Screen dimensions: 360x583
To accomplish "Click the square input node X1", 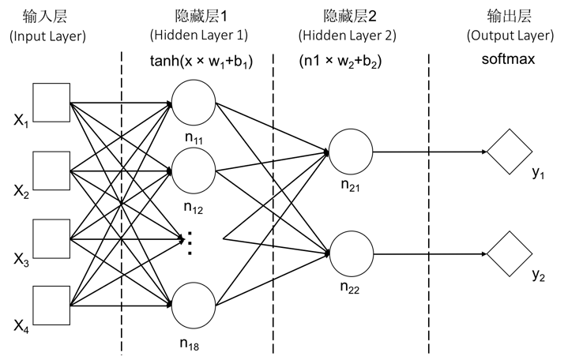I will tap(51, 103).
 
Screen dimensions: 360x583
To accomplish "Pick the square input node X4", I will tap(51, 306).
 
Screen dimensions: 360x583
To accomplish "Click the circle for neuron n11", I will tap(193, 103).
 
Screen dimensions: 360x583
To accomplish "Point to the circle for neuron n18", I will tap(193, 305).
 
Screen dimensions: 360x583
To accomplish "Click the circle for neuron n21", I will tap(350, 152).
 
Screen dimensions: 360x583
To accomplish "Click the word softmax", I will tap(510, 59).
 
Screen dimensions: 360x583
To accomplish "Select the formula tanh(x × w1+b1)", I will tap(201, 61).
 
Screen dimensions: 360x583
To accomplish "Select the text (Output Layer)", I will tap(510, 36).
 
